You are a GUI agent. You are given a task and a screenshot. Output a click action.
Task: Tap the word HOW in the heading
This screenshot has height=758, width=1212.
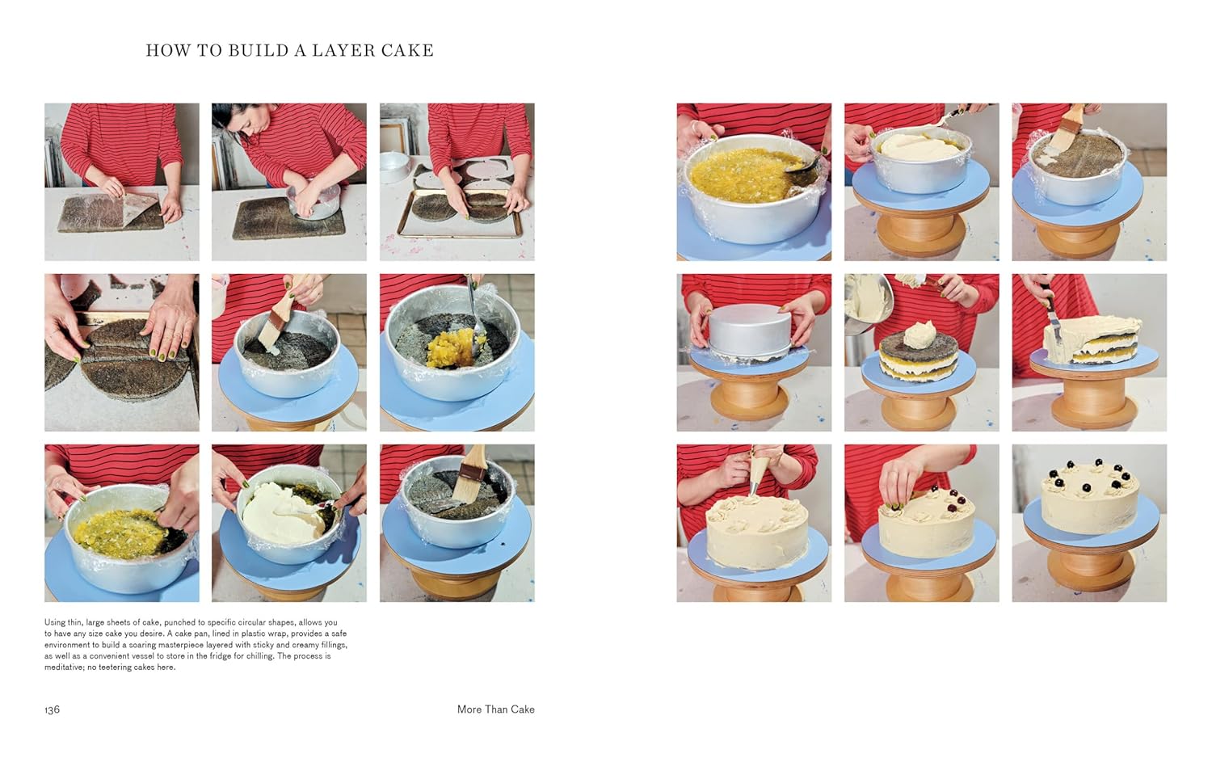click(168, 50)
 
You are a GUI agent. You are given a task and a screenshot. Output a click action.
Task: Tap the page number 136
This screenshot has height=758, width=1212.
click(53, 710)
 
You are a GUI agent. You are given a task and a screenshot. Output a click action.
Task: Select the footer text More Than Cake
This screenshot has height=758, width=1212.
click(495, 710)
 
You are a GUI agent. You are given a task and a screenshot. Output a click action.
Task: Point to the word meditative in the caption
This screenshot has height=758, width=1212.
click(64, 667)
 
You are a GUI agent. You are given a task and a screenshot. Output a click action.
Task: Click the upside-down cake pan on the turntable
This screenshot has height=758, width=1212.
click(749, 328)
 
